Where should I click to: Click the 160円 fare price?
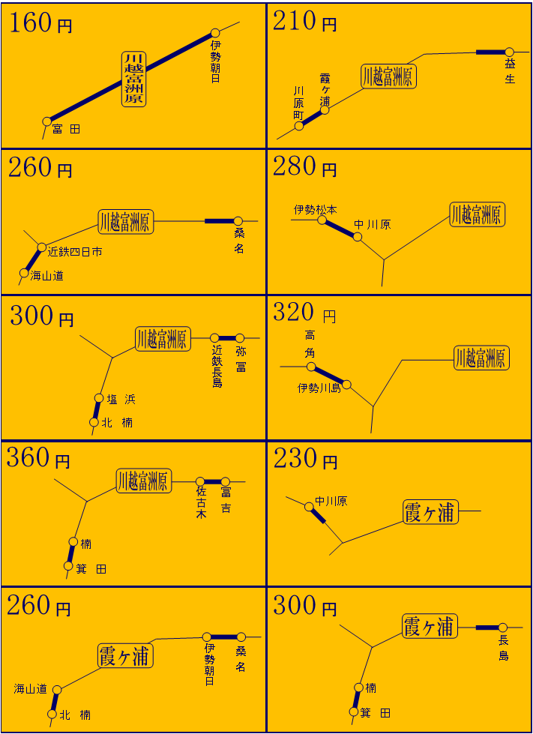[x=40, y=23]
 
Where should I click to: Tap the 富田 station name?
[x=66, y=129]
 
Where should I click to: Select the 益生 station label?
[x=510, y=72]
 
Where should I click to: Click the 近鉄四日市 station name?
[x=75, y=252]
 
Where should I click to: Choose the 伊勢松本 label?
[x=316, y=209]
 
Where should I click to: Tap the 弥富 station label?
[x=241, y=359]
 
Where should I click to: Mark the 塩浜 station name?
[x=121, y=400]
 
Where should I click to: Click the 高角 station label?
[x=310, y=343]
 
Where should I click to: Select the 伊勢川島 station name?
[x=319, y=388]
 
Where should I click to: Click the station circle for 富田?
[x=46, y=121]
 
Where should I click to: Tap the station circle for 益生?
[x=509, y=52]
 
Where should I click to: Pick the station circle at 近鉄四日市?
[x=42, y=247]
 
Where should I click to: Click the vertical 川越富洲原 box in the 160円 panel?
[x=134, y=79]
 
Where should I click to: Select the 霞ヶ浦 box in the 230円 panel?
[x=430, y=511]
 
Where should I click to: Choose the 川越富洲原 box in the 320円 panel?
[x=481, y=358]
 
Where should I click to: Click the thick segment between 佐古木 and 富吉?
[x=212, y=481]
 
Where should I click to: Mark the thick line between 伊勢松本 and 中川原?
[x=340, y=229]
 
